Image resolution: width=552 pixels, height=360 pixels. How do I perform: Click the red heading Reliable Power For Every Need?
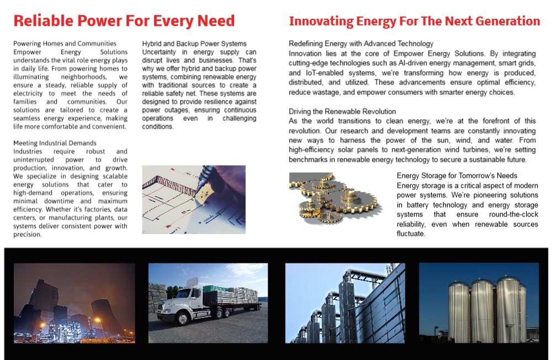pyautogui.click(x=124, y=21)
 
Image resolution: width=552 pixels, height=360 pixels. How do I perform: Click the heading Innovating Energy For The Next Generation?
pyautogui.click(x=415, y=22)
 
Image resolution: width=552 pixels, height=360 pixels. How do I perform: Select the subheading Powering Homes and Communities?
pyautogui.click(x=65, y=44)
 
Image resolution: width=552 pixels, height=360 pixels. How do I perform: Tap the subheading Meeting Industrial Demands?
pyautogui.click(x=55, y=143)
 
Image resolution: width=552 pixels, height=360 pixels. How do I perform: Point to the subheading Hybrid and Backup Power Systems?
pyautogui.click(x=194, y=44)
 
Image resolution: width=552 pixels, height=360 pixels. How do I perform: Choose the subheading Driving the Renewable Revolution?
pyautogui.click(x=342, y=112)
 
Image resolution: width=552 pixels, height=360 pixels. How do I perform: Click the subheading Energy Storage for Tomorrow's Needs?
pyautogui.click(x=457, y=176)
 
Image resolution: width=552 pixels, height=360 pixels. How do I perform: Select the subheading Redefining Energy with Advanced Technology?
pyautogui.click(x=361, y=44)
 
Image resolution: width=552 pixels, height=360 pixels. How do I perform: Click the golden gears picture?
pyautogui.click(x=333, y=197)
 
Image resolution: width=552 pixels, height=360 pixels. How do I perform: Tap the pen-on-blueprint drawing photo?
pyautogui.click(x=194, y=199)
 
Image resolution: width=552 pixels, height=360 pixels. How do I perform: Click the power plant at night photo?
pyautogui.click(x=74, y=303)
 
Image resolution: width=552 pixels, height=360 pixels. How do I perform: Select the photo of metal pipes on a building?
pyautogui.click(x=345, y=303)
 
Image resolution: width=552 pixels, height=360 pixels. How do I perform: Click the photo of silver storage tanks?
pyautogui.click(x=479, y=303)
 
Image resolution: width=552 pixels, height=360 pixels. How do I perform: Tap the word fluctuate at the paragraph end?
pyautogui.click(x=412, y=234)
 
